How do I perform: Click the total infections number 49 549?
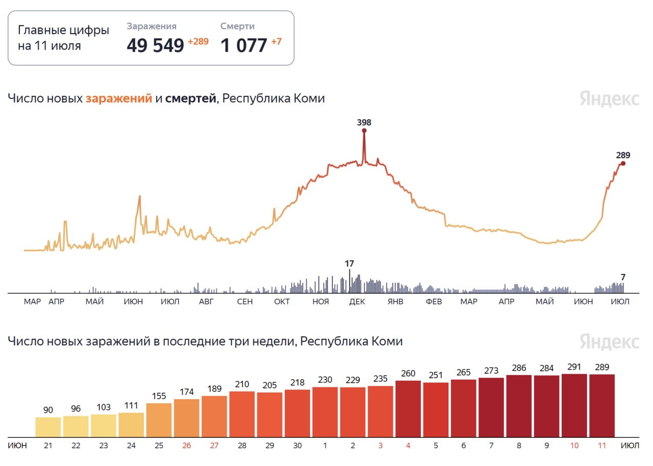click(x=155, y=45)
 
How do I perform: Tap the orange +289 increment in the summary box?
click(x=198, y=42)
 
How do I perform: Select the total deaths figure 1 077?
click(x=244, y=45)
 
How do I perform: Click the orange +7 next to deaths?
click(x=276, y=42)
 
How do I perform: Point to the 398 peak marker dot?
click(x=364, y=131)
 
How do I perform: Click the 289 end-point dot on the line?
click(x=623, y=163)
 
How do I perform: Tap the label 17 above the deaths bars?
click(x=349, y=264)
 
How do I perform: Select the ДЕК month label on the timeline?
click(x=357, y=302)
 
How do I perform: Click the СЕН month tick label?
click(x=245, y=302)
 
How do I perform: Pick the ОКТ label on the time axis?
click(x=282, y=302)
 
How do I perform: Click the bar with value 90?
click(x=48, y=427)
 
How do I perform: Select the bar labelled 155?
click(x=159, y=420)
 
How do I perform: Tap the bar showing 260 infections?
click(x=408, y=408)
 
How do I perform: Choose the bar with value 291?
click(x=574, y=405)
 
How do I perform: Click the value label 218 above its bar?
click(x=297, y=382)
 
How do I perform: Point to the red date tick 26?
click(x=187, y=446)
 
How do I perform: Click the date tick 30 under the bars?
click(x=297, y=446)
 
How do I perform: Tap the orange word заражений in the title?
click(x=119, y=99)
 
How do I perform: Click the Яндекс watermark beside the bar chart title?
click(x=609, y=341)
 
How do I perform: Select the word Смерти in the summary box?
click(x=237, y=27)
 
